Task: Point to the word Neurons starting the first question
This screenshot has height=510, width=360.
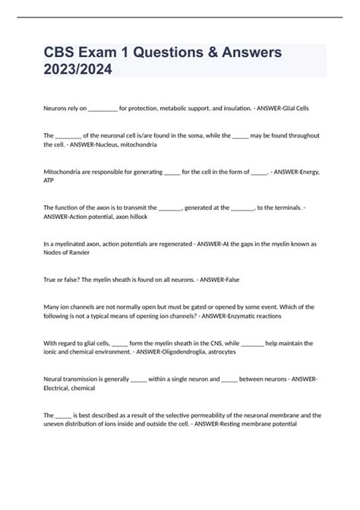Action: pos(55,109)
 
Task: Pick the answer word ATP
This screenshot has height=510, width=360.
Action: pos(49,182)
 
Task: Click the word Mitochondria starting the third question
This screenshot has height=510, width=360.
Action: pos(64,173)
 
